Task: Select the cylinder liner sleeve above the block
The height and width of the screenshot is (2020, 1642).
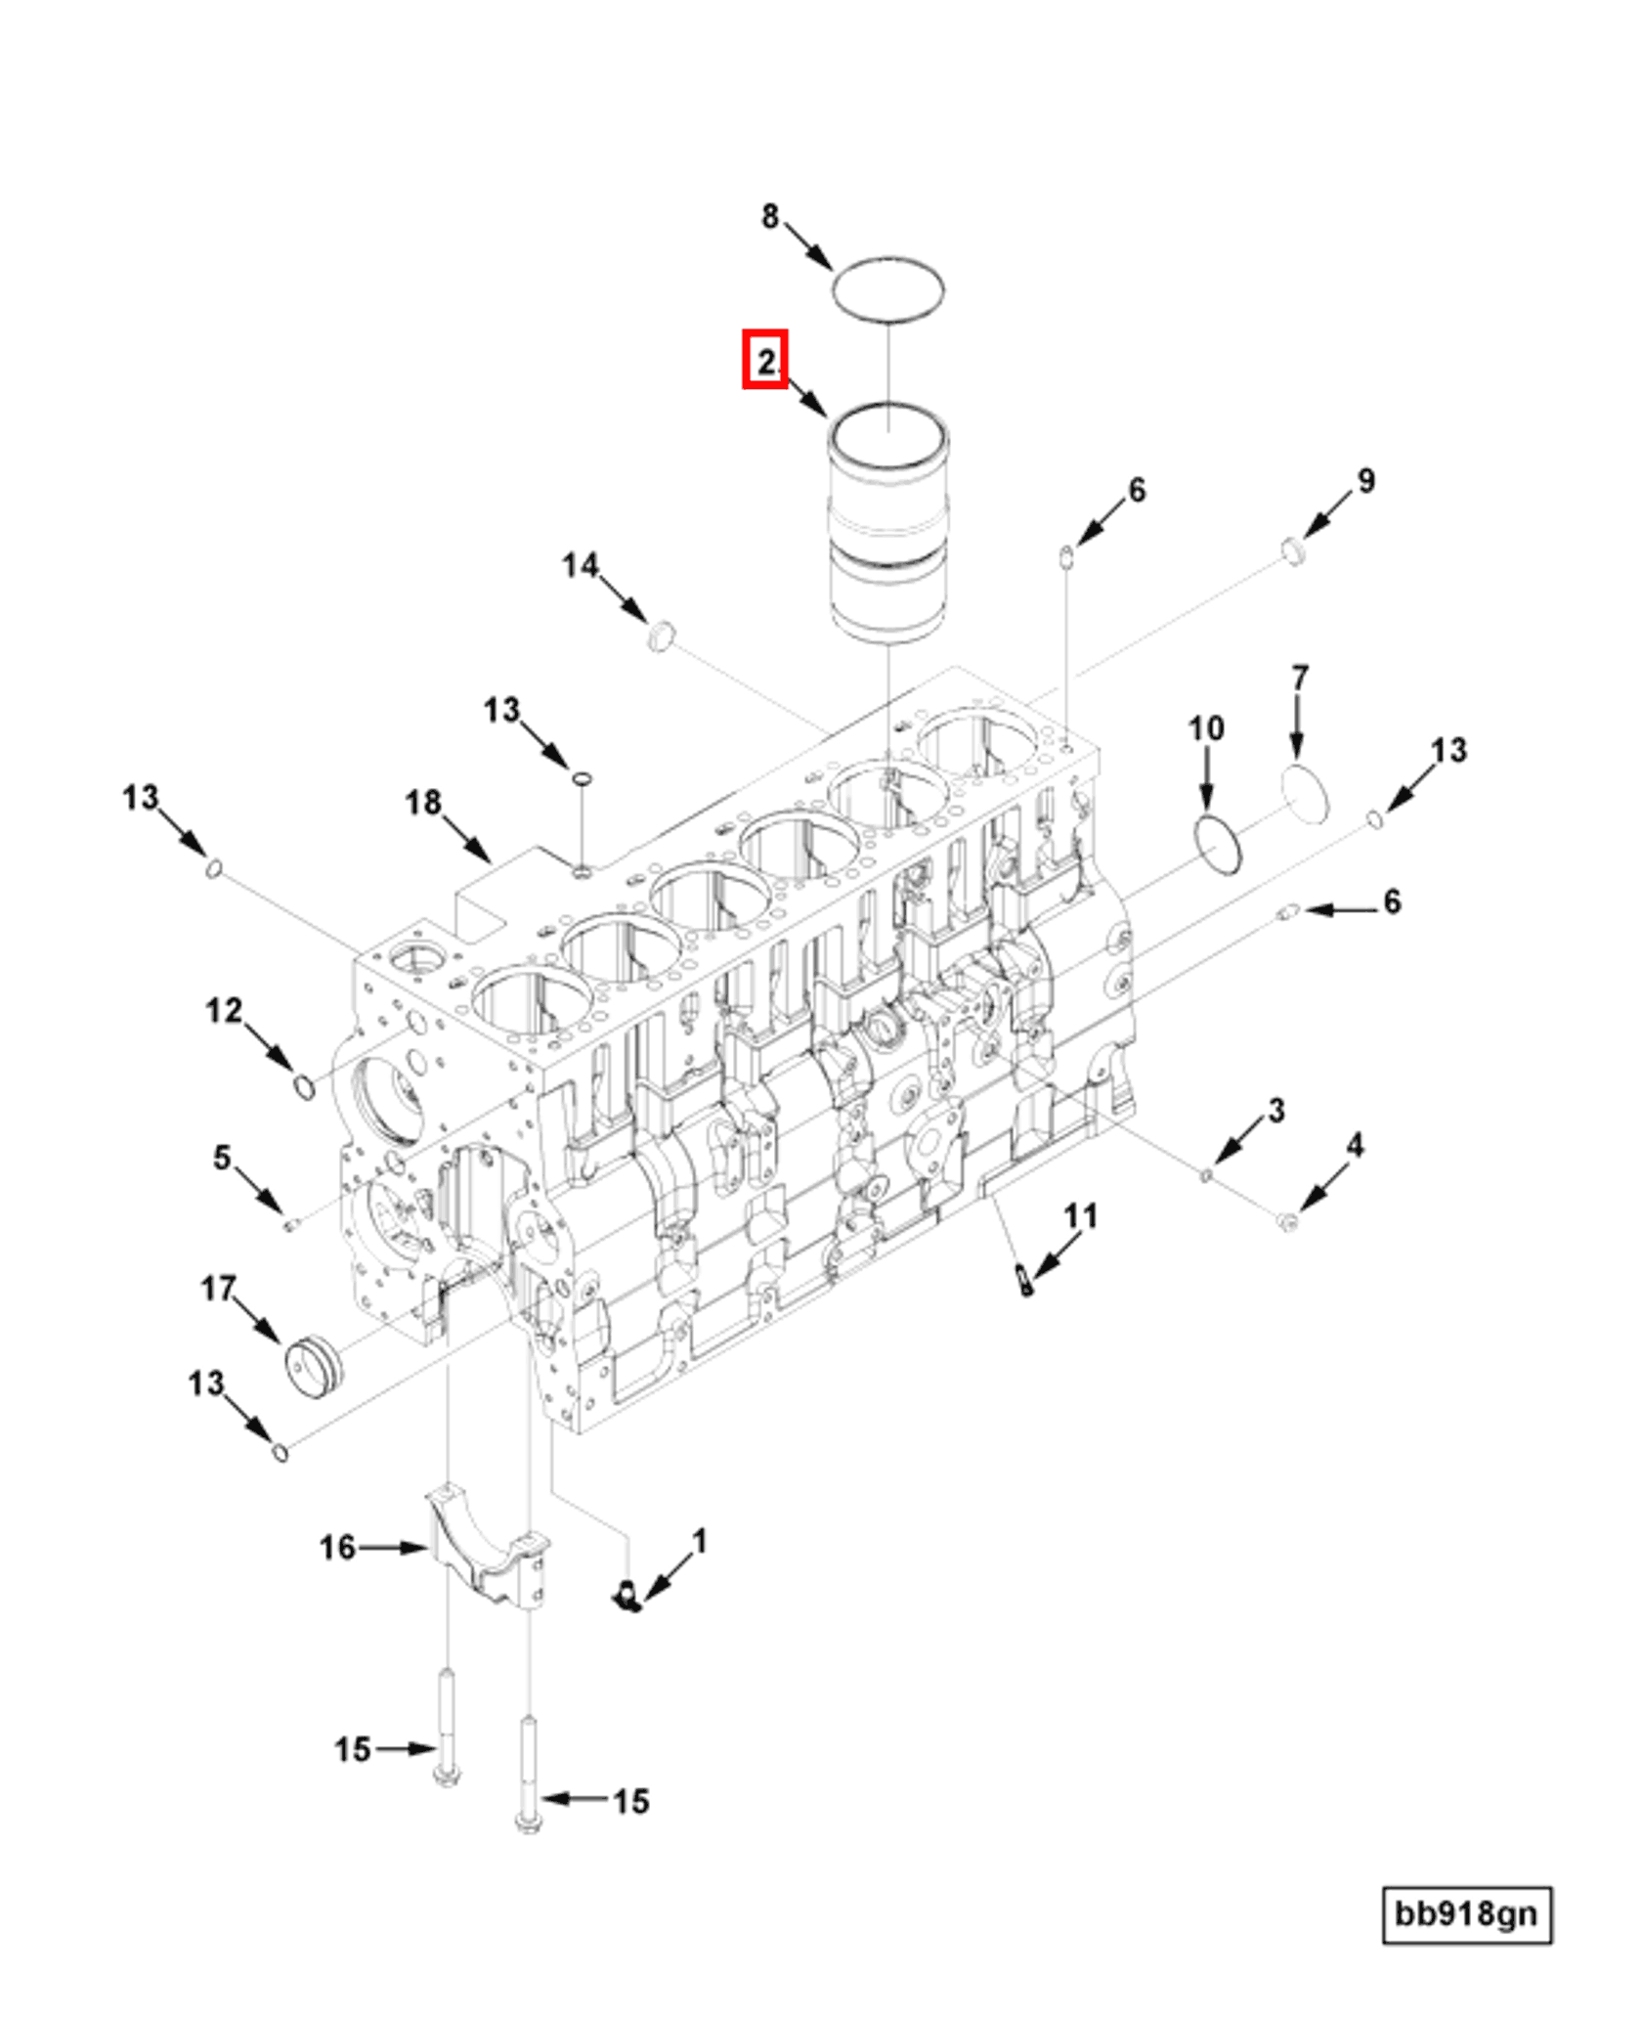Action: click(x=887, y=528)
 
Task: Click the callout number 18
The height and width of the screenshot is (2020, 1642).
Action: click(x=423, y=804)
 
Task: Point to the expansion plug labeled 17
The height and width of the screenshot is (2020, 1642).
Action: click(x=313, y=1366)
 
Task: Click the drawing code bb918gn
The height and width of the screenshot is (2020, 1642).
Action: click(x=1466, y=1913)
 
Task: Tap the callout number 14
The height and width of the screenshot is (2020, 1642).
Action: click(x=580, y=565)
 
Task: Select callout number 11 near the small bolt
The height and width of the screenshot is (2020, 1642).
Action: click(x=1080, y=1216)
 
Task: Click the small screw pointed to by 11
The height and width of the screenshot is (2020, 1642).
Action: click(x=1023, y=1279)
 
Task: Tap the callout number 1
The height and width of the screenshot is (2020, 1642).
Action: click(x=699, y=1542)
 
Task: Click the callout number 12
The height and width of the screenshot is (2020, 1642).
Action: click(x=224, y=1010)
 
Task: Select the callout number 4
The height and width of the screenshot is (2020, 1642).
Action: click(x=1355, y=1145)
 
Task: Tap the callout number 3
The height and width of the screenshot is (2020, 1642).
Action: click(x=1275, y=1111)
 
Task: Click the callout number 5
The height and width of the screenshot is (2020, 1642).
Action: click(x=223, y=1158)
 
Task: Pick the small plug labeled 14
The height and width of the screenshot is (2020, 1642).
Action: click(x=662, y=635)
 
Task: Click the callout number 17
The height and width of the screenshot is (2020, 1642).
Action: click(x=218, y=1289)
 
